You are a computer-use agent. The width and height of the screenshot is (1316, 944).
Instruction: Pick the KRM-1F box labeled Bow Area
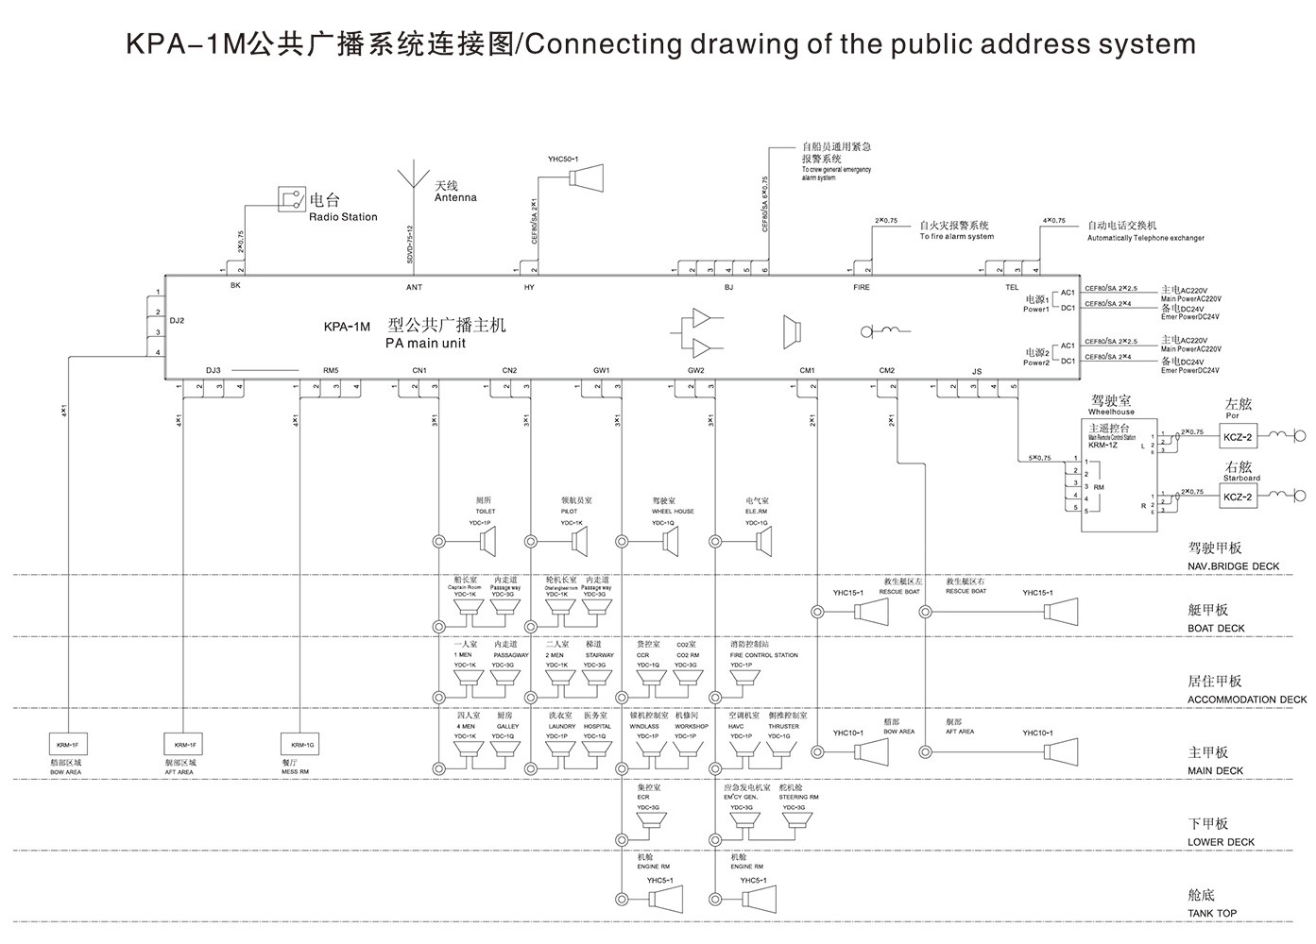click(x=66, y=746)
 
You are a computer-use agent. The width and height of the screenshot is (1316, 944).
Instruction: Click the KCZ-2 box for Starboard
click(x=1238, y=497)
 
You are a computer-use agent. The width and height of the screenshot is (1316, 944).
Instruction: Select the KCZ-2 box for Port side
click(x=1238, y=437)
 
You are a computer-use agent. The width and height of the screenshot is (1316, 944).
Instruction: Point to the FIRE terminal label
click(x=862, y=287)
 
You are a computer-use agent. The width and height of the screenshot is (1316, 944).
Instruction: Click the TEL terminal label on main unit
click(x=1012, y=287)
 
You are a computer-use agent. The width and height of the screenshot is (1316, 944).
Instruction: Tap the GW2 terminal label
click(x=696, y=370)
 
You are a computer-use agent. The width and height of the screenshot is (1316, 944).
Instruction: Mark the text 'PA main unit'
click(x=425, y=344)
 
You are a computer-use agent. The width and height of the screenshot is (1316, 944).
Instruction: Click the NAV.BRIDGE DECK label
click(x=1233, y=566)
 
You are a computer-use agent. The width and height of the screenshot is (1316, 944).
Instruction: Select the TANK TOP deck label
click(x=1212, y=913)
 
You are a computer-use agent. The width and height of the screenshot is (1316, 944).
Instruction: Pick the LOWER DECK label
click(x=1221, y=842)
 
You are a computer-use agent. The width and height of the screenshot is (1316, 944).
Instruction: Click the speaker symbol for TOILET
click(x=488, y=542)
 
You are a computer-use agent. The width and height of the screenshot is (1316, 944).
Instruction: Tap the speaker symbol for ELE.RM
click(x=763, y=542)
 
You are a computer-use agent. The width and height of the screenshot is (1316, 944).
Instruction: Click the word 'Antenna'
click(x=455, y=198)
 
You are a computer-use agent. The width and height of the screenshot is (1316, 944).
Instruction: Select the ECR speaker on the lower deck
click(x=649, y=823)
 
